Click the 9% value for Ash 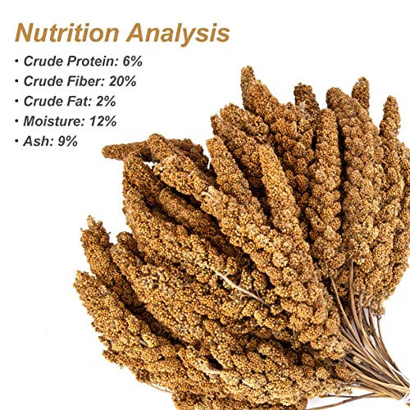click(67, 140)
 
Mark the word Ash click(39, 140)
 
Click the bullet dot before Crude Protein click(17, 61)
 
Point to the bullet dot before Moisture click(17, 121)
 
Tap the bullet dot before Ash click(17, 141)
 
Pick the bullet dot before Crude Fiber click(17, 81)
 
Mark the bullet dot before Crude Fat click(17, 102)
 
